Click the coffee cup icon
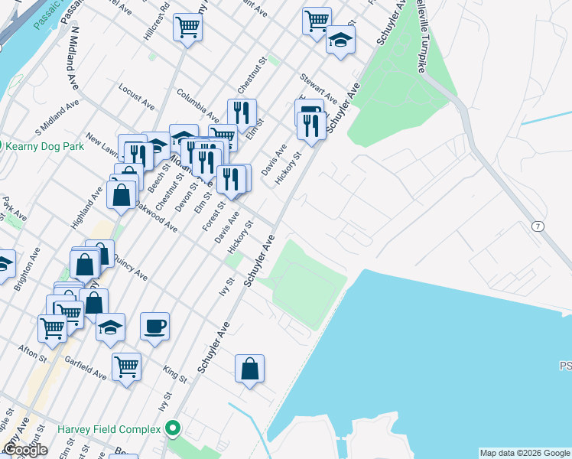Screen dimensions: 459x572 pyautogui.click(x=154, y=327)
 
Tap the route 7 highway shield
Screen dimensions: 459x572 pyautogui.click(x=538, y=227)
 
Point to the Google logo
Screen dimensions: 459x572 pyautogui.click(x=25, y=449)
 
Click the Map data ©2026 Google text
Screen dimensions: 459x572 pyautogui.click(x=525, y=453)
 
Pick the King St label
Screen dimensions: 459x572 pyautogui.click(x=175, y=373)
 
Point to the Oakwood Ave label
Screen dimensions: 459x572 pyautogui.click(x=157, y=217)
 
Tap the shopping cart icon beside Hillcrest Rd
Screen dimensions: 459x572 pyautogui.click(x=187, y=28)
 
